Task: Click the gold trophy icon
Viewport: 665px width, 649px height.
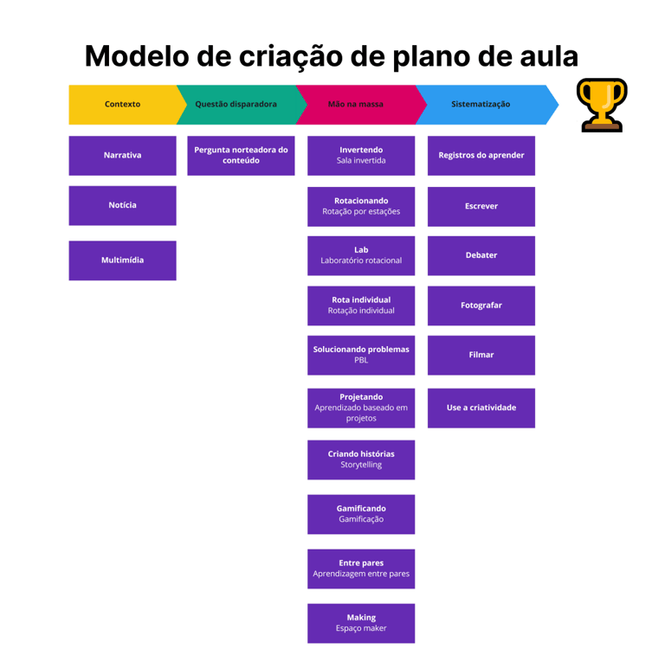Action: click(x=602, y=105)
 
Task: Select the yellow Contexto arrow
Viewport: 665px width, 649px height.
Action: click(x=122, y=105)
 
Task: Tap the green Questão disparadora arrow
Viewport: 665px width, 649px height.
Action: click(x=236, y=105)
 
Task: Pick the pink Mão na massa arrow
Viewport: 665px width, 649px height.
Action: click(x=356, y=105)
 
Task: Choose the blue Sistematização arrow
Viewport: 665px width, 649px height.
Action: click(x=481, y=105)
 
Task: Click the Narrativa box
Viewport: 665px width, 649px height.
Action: click(x=122, y=156)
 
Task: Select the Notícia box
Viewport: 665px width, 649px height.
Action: click(x=122, y=205)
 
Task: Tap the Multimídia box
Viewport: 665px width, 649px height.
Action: click(x=122, y=260)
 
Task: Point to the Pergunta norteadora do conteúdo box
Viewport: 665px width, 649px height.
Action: click(x=241, y=156)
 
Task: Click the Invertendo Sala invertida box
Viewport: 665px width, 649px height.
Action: click(x=361, y=156)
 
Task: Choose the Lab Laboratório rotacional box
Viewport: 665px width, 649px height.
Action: click(x=361, y=255)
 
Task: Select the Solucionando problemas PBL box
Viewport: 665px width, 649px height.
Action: click(x=361, y=355)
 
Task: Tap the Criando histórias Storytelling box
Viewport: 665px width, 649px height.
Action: click(x=361, y=459)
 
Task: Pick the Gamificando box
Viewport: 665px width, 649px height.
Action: click(x=361, y=514)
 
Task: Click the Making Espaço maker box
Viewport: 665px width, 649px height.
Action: click(x=361, y=623)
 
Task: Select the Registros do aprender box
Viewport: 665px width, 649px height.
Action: click(x=481, y=156)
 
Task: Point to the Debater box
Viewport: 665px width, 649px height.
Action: click(x=481, y=255)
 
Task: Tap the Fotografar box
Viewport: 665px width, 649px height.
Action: click(x=481, y=305)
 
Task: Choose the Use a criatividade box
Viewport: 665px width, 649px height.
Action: click(x=481, y=408)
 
